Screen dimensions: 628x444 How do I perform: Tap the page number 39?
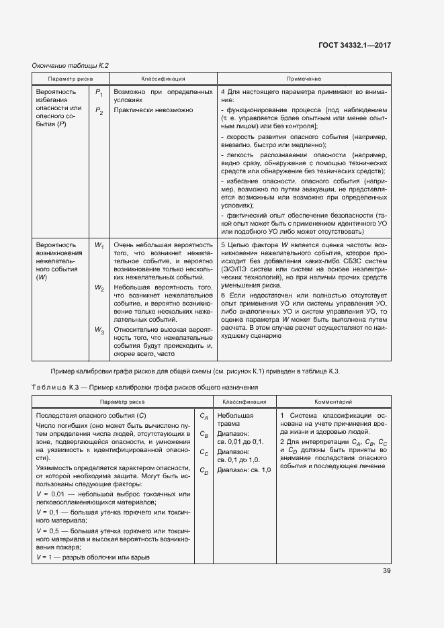click(x=387, y=571)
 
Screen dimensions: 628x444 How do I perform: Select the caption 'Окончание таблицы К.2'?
click(x=71, y=66)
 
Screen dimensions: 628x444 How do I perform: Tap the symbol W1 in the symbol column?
click(x=99, y=246)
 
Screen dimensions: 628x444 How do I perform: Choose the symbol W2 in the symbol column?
click(x=99, y=288)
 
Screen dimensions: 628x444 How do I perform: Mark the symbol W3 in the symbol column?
click(x=99, y=330)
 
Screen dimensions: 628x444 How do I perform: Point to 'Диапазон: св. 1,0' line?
click(x=244, y=470)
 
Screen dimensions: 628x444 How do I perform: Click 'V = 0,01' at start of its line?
click(x=51, y=494)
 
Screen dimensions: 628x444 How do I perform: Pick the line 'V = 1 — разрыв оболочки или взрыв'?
click(x=93, y=557)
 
